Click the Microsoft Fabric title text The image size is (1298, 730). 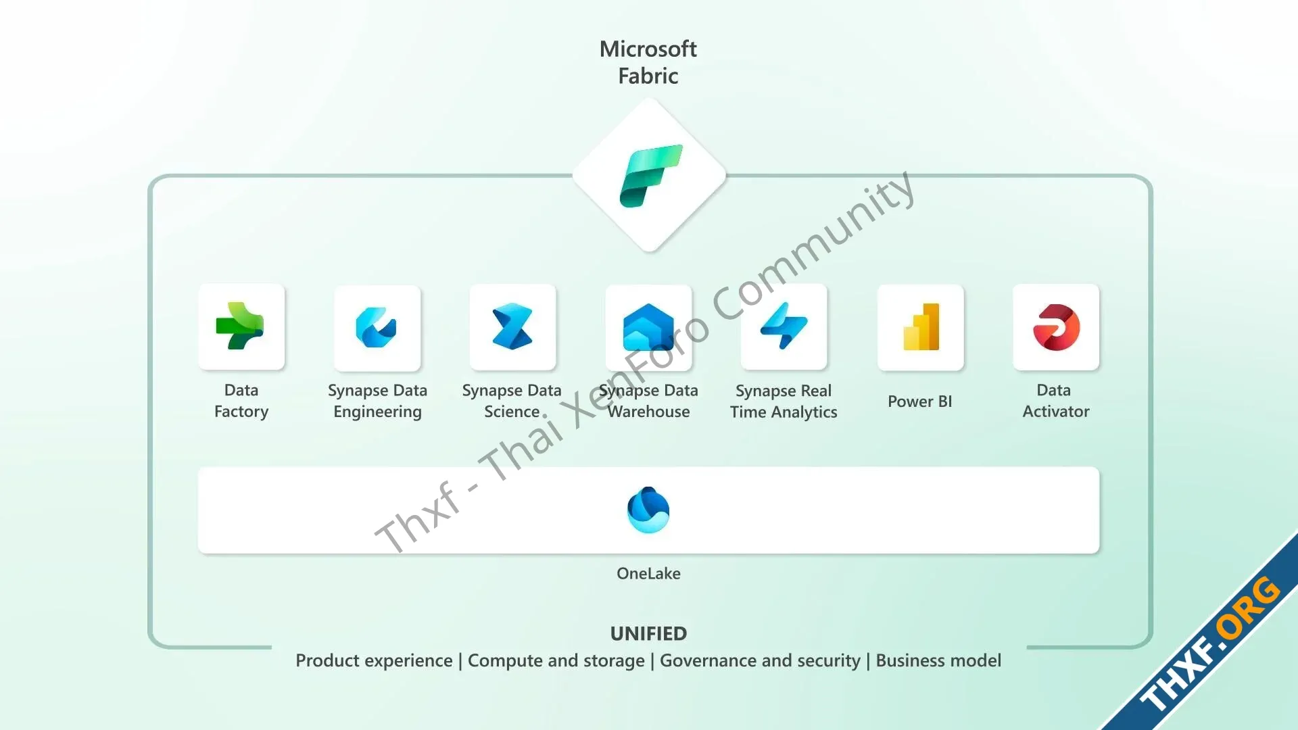648,62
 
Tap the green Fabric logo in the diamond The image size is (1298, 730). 650,176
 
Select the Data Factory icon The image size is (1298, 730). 240,326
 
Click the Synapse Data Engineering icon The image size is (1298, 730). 377,327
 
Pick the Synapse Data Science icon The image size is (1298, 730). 512,327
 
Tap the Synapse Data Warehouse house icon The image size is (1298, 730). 648,327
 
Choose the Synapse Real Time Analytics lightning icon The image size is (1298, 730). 784,326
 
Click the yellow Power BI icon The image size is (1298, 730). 921,327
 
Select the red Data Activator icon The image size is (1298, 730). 1056,327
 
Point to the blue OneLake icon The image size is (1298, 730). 648,510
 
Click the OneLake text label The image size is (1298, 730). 648,573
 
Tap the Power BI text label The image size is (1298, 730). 920,401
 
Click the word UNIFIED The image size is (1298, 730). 648,633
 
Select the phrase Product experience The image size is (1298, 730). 374,660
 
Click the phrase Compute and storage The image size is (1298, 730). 556,660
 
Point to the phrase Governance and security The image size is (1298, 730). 760,660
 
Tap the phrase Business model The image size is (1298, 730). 938,660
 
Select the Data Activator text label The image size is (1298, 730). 1055,401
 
